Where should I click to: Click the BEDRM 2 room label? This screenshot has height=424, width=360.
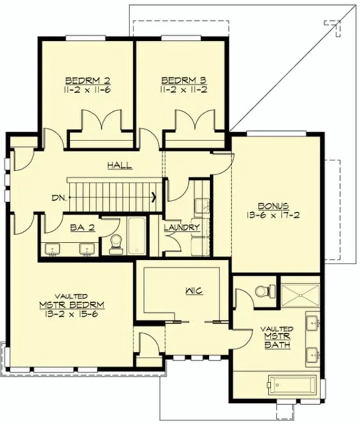tap(88, 81)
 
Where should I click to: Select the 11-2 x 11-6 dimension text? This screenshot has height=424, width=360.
tap(88, 91)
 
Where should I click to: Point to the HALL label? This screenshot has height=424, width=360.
tap(119, 165)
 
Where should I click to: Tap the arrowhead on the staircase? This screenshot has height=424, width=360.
tap(155, 197)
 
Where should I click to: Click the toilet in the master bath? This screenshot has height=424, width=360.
tap(262, 291)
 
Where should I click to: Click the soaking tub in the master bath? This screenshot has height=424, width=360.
tap(292, 385)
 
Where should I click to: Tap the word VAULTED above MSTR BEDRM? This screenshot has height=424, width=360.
tap(71, 296)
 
